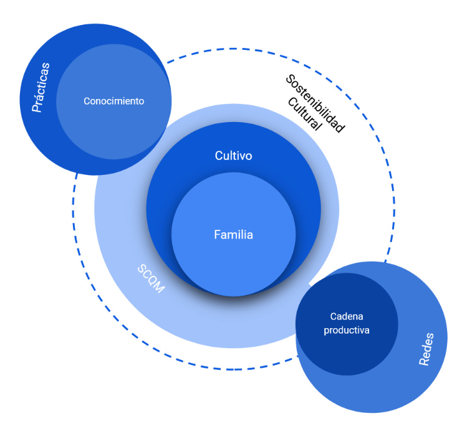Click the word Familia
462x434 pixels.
pyautogui.click(x=233, y=235)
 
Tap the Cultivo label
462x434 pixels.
pyautogui.click(x=233, y=156)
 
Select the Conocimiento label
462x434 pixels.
pyautogui.click(x=113, y=101)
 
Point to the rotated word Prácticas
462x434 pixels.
pyautogui.click(x=42, y=87)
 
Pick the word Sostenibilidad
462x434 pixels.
pyautogui.click(x=315, y=103)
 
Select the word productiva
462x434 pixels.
pyautogui.click(x=347, y=330)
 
